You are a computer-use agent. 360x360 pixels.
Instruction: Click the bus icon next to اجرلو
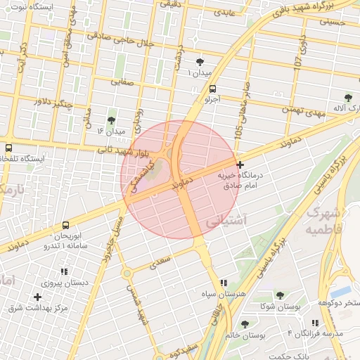coord(212,89)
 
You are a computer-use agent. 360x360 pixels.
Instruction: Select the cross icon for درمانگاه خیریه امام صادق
coord(241,164)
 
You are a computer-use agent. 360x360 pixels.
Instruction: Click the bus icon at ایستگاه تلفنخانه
coord(9,148)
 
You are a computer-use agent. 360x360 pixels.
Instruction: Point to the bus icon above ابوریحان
coord(65,226)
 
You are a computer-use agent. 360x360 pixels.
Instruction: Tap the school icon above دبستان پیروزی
coord(64,271)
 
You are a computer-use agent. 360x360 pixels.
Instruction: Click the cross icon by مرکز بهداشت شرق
coord(37,297)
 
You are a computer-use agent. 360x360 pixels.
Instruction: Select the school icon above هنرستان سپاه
coord(224,282)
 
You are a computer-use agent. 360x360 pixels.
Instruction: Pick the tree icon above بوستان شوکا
coord(280,296)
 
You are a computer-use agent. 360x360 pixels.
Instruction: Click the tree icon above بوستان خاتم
coord(245,324)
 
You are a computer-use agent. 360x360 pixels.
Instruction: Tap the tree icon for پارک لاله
coord(349,98)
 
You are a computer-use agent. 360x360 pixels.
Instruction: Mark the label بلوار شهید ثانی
coord(124,150)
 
